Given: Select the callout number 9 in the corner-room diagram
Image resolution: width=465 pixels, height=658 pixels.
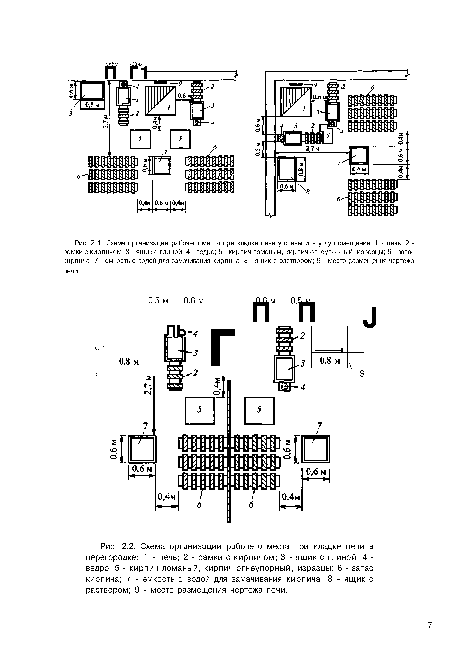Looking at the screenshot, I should (316, 85).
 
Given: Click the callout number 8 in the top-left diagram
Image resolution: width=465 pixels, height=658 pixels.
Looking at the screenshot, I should (70, 114).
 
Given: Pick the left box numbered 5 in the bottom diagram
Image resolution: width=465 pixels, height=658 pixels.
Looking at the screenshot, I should (200, 410).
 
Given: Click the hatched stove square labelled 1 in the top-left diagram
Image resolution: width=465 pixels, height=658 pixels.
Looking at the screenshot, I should (160, 100).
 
